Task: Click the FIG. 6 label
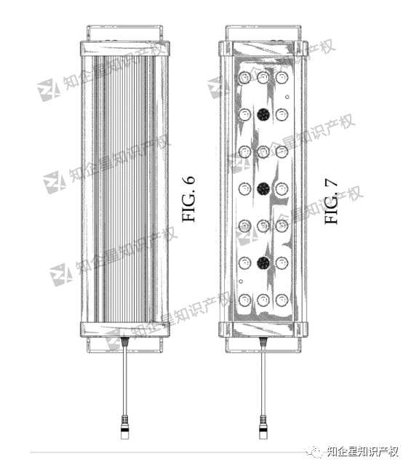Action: pos(188,199)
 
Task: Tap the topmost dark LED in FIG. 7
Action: pos(263,114)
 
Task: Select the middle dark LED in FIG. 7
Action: pos(263,188)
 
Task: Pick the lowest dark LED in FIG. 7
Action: pos(263,263)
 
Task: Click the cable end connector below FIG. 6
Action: pos(125,426)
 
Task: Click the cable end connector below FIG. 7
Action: pos(263,426)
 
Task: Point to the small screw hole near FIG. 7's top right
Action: pos(287,97)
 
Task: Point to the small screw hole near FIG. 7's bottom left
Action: pos(241,281)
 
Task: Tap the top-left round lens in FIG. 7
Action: pos(245,78)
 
